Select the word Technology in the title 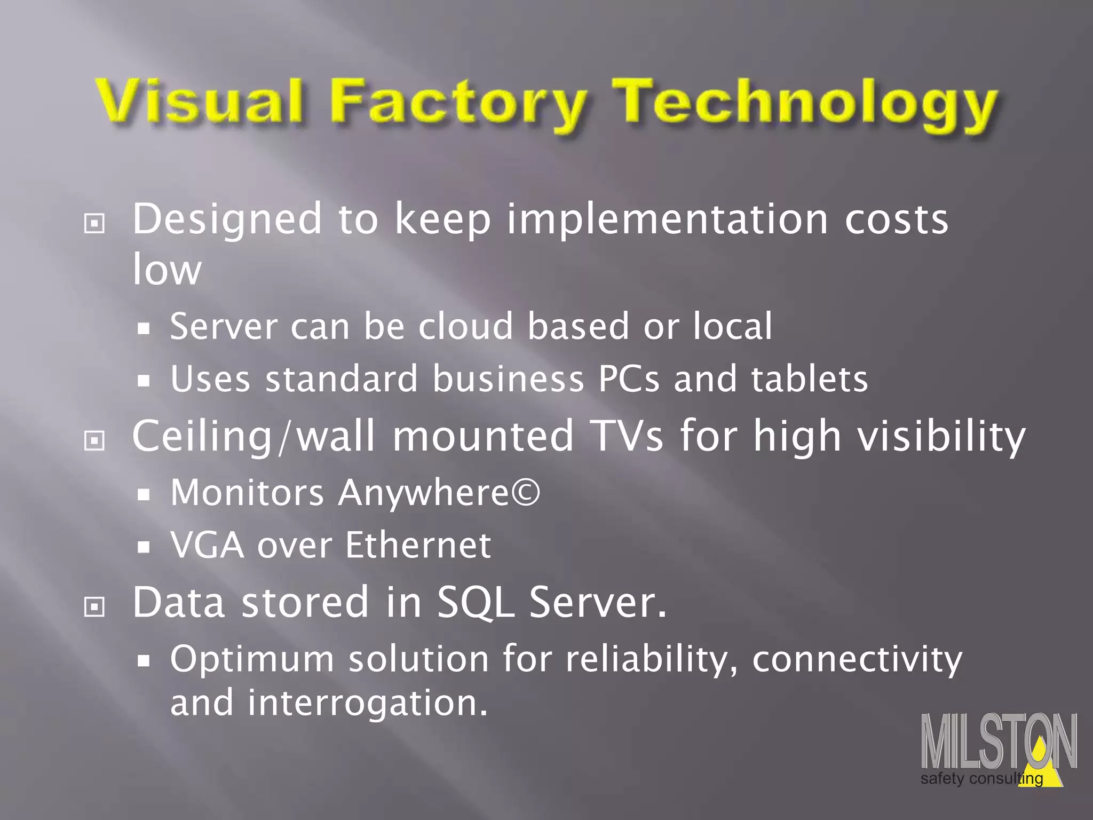click(806, 104)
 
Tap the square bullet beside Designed click(94, 223)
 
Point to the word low click(167, 270)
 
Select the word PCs click(629, 379)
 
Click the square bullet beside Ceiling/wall click(94, 440)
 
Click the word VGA click(207, 546)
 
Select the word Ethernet click(418, 546)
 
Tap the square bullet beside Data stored click(94, 606)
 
